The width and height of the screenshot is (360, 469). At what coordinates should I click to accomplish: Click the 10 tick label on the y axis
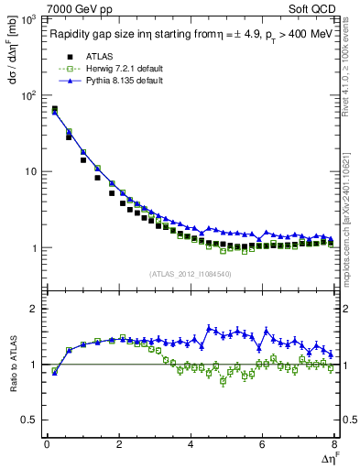tap(32, 172)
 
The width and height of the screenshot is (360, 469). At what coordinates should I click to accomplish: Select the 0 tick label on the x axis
tap(47, 445)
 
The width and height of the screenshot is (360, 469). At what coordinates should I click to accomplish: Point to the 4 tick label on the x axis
tap(191, 445)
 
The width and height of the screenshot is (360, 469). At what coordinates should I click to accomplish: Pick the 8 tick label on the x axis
tap(333, 445)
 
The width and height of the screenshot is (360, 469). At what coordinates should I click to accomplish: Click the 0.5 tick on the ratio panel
tap(32, 420)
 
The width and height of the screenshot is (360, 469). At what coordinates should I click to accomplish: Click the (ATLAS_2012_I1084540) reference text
tap(190, 273)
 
